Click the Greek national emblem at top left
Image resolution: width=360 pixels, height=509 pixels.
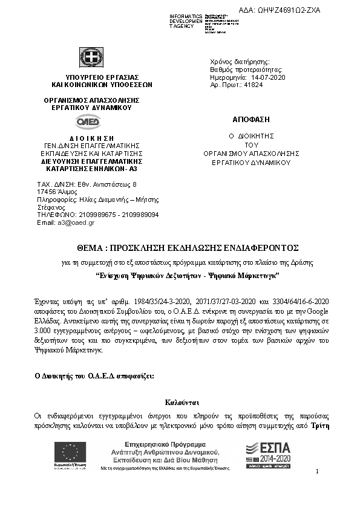point(92,57)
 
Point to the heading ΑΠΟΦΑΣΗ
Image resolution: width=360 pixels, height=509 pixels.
point(250,118)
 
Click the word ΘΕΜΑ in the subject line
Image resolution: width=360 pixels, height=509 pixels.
point(90,248)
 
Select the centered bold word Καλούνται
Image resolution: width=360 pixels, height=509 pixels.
point(182,402)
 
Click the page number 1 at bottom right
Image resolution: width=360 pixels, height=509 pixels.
point(318,472)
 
